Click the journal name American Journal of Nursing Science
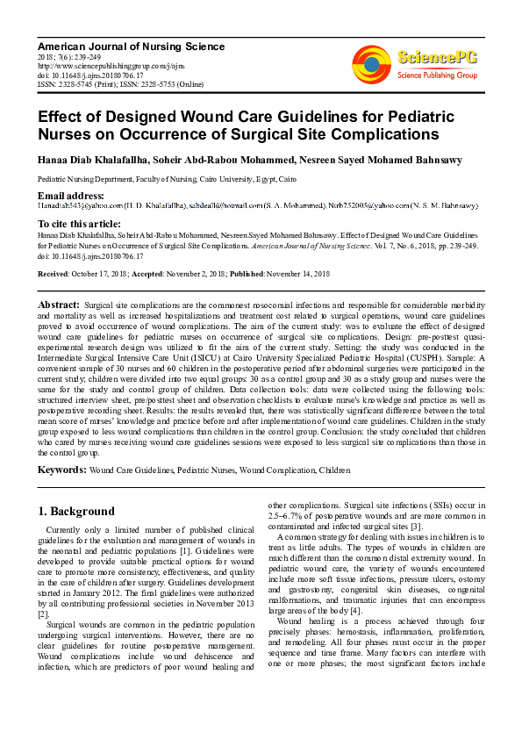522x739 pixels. point(131,47)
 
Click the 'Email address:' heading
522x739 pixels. point(71,195)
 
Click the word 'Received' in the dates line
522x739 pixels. point(54,275)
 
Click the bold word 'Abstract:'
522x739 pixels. point(59,304)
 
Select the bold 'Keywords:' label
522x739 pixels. point(61,470)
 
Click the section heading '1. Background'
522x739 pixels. point(76,512)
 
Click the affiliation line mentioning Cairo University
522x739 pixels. point(166,178)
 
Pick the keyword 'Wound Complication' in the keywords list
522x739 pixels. point(277,471)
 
